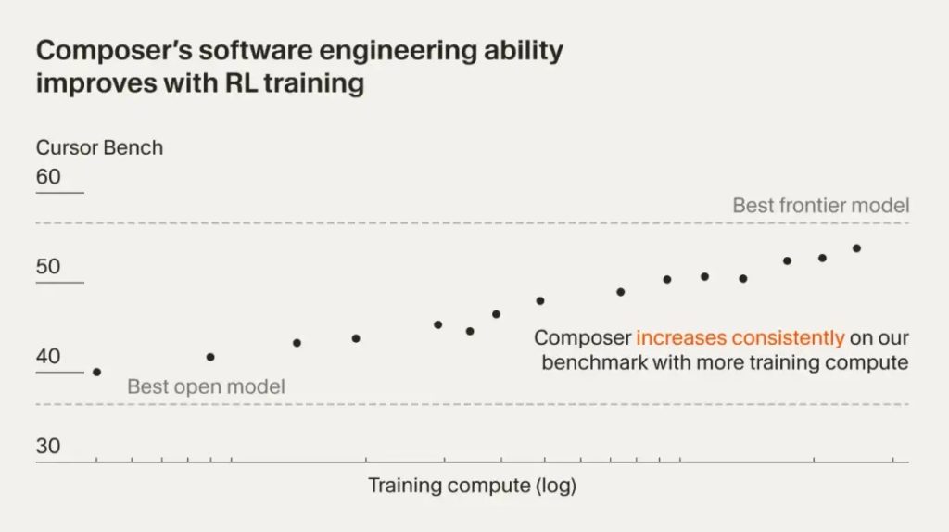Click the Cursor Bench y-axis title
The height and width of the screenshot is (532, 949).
coord(99,147)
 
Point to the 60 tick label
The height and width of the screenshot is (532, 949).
coord(48,176)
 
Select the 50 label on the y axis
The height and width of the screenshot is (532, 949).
coord(48,267)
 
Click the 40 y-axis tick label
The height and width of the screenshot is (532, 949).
coord(48,357)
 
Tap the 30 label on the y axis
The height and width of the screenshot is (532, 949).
coord(48,446)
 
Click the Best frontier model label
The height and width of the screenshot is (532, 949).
coord(820,206)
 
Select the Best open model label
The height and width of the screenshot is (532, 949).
coord(206,386)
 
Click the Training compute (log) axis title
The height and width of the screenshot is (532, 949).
coord(472,486)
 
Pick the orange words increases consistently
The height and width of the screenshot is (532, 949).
coord(740,338)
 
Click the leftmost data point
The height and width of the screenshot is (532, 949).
coord(96,372)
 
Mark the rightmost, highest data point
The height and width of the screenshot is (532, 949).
coord(856,248)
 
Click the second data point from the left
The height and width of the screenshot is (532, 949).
coord(210,357)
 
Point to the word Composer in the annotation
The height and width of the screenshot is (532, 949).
coord(582,338)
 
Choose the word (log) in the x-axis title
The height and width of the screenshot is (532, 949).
coord(553,486)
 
